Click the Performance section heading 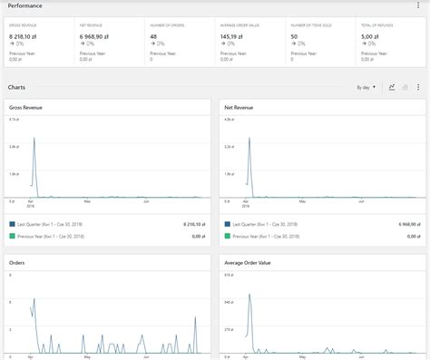[26, 5]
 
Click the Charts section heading [16, 87]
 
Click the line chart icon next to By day [392, 87]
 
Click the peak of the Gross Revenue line [34, 137]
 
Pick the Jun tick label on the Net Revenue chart [361, 201]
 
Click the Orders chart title [16, 262]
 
